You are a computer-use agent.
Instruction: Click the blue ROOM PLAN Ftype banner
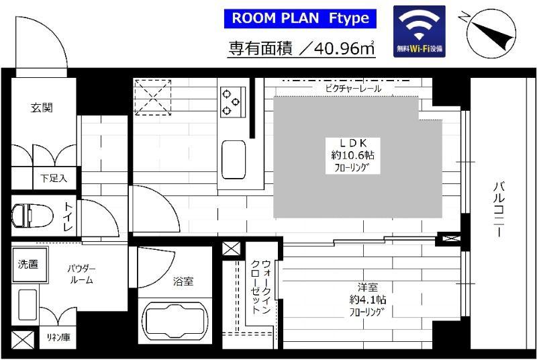point(300,19)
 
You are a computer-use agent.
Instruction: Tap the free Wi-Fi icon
point(419,31)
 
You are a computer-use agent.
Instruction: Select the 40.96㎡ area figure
point(344,48)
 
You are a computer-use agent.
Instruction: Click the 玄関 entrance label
point(42,107)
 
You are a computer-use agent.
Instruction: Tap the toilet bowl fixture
point(32,216)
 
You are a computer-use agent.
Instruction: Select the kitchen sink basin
point(233,160)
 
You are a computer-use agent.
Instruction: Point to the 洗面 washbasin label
point(28,264)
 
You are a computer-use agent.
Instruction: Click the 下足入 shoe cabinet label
point(54,178)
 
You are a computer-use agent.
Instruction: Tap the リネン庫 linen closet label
point(58,337)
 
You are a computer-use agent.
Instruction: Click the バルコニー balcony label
point(499,210)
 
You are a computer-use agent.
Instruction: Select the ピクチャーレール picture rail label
point(353,89)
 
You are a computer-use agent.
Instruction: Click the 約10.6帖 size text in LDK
point(352,155)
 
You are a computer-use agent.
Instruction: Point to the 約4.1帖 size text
point(367,300)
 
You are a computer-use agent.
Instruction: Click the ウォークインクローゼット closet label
point(261,287)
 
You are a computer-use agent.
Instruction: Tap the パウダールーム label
point(81,275)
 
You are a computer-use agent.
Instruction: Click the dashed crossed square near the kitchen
point(153,97)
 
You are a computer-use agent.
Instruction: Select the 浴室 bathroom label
point(183,281)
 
